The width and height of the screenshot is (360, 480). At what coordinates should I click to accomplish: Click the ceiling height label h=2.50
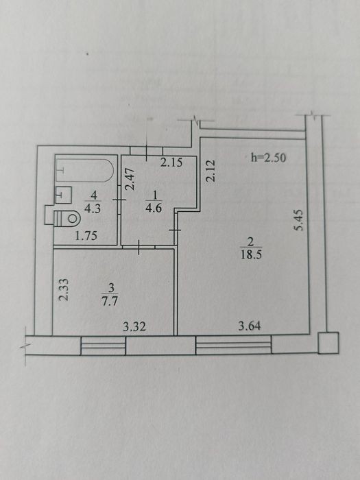pyautogui.click(x=268, y=158)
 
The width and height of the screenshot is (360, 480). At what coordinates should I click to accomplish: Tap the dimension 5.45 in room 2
pyautogui.click(x=298, y=220)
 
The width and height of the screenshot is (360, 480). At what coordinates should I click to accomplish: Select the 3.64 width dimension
pyautogui.click(x=250, y=326)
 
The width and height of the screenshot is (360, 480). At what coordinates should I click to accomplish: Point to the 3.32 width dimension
pyautogui.click(x=134, y=327)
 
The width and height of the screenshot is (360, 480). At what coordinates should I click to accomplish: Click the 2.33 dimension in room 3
pyautogui.click(x=64, y=289)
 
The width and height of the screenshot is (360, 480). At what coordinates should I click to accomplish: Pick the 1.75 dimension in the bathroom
pyautogui.click(x=86, y=236)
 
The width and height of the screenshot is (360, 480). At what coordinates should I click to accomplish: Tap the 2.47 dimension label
pyautogui.click(x=130, y=180)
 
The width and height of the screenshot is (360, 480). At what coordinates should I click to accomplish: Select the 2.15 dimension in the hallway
pyautogui.click(x=171, y=163)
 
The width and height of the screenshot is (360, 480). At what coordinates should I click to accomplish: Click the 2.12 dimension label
pyautogui.click(x=211, y=171)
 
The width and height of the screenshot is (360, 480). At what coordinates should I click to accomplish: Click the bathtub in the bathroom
pyautogui.click(x=85, y=170)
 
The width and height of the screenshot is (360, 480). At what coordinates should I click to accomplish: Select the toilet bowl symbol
pyautogui.click(x=67, y=219)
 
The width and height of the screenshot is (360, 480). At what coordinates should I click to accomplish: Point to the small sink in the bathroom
pyautogui.click(x=63, y=195)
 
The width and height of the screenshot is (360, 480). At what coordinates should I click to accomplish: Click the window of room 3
pyautogui.click(x=103, y=346)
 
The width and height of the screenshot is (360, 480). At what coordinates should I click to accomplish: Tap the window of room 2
pyautogui.click(x=234, y=345)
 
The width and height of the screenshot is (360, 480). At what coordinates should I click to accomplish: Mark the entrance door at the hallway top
pyautogui.click(x=146, y=151)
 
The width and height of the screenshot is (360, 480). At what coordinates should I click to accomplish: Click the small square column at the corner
pyautogui.click(x=328, y=343)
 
